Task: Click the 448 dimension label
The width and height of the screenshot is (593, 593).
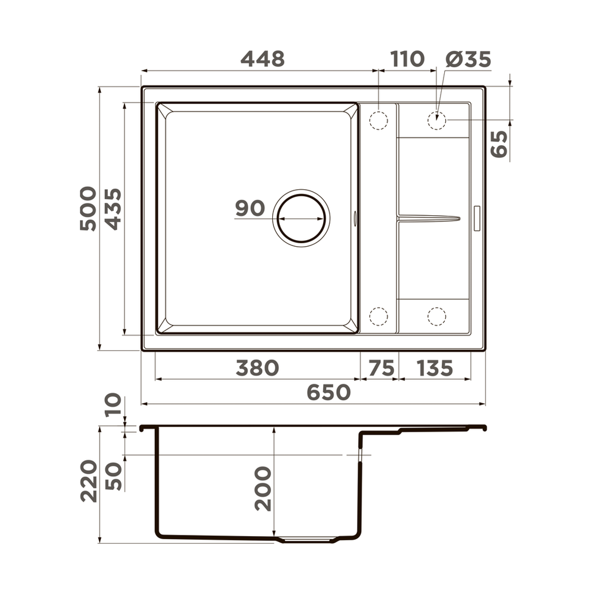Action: click(x=262, y=59)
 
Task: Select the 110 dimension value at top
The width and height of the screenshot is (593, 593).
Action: click(x=407, y=59)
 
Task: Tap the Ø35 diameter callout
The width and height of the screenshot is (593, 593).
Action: click(x=468, y=59)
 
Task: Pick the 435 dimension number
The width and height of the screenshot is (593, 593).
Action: click(x=113, y=208)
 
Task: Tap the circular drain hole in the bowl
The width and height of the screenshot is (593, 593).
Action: click(x=301, y=218)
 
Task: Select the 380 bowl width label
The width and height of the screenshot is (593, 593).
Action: click(x=257, y=368)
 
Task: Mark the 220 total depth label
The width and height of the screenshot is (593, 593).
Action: click(x=89, y=480)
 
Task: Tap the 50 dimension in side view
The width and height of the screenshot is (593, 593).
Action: click(x=114, y=476)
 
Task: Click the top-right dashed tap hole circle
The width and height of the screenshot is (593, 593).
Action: click(x=436, y=120)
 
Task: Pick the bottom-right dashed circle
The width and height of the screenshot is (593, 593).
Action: click(x=436, y=317)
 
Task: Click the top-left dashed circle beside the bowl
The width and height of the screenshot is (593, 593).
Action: click(x=378, y=120)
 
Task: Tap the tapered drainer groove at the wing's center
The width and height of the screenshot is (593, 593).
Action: click(x=428, y=218)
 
